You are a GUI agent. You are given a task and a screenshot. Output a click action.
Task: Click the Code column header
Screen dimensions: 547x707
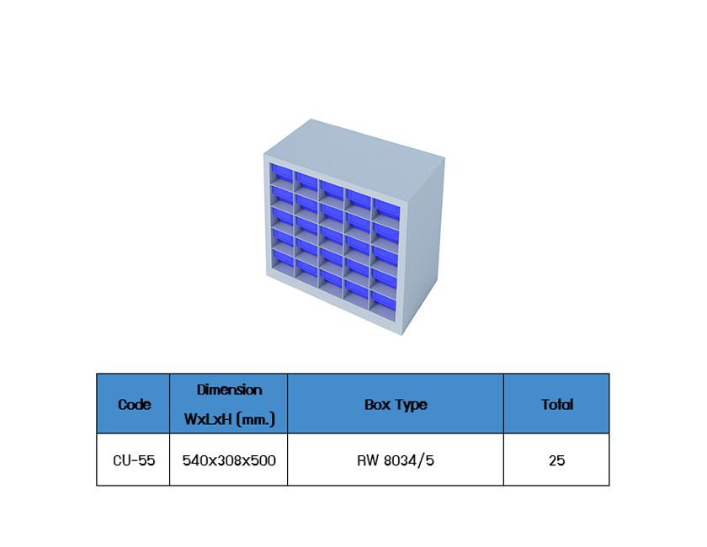click(x=134, y=405)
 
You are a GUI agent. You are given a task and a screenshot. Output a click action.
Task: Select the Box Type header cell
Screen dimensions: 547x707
click(x=396, y=405)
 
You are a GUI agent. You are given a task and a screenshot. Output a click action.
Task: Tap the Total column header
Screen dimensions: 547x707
click(x=556, y=405)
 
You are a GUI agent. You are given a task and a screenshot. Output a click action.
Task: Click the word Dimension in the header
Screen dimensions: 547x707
click(x=229, y=390)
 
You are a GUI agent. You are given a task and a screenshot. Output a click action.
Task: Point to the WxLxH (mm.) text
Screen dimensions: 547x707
click(x=229, y=418)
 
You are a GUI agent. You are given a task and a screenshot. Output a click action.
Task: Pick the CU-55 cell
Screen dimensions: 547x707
click(x=134, y=460)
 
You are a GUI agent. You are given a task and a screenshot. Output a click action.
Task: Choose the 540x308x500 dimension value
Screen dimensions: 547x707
click(x=229, y=460)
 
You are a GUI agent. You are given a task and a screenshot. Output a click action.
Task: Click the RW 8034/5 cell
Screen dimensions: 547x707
click(x=396, y=460)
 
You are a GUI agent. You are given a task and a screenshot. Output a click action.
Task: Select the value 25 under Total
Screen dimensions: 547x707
click(x=556, y=460)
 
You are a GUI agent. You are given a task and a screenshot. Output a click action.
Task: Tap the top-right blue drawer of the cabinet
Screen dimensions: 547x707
click(x=385, y=209)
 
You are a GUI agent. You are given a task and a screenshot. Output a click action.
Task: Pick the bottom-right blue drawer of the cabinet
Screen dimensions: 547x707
click(x=384, y=299)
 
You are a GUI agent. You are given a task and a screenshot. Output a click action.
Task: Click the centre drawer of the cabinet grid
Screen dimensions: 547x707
click(x=332, y=235)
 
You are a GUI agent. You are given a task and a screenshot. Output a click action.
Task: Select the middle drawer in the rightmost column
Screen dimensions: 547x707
click(x=385, y=253)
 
